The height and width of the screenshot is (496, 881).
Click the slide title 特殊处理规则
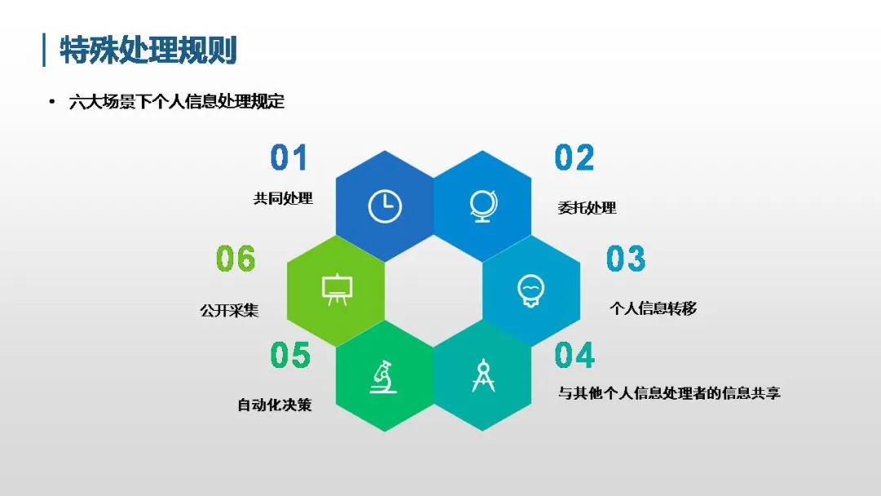tap(148, 50)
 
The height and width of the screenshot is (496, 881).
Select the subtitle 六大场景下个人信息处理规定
tap(177, 102)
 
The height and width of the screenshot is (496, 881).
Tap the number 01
tap(289, 157)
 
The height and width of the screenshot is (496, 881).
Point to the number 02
tap(574, 157)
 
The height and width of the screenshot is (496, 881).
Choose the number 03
tap(626, 259)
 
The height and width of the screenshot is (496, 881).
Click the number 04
tap(574, 355)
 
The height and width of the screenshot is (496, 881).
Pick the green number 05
tap(290, 355)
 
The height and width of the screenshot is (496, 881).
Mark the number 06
tap(236, 259)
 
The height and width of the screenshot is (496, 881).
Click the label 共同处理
tap(283, 198)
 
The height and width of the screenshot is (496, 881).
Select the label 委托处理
tap(587, 208)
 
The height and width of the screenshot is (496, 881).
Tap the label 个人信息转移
tap(653, 308)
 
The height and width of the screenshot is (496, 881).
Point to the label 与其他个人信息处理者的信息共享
tap(669, 392)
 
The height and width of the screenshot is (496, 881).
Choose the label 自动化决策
tap(274, 405)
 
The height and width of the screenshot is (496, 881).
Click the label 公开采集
tap(229, 311)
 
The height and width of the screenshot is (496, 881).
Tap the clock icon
tap(385, 206)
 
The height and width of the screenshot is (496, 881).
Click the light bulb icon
tap(531, 290)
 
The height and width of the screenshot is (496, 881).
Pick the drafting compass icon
tap(483, 375)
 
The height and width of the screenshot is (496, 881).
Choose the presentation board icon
tap(337, 290)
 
